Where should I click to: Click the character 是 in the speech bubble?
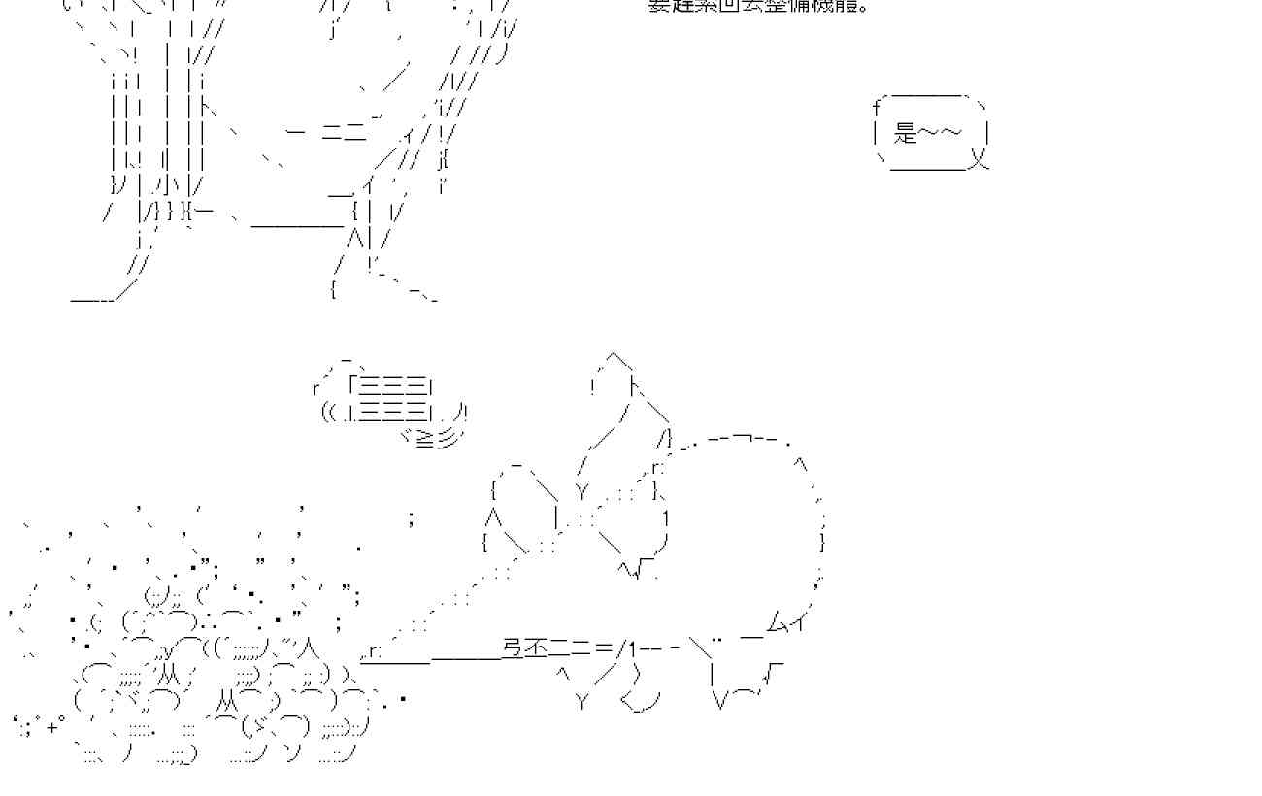(906, 132)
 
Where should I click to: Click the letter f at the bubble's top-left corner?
(876, 106)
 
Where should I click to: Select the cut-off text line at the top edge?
(757, 6)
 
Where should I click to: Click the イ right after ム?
(798, 622)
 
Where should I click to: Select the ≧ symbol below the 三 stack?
(424, 440)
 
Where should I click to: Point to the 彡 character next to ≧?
(447, 440)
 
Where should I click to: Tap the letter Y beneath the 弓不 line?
(582, 701)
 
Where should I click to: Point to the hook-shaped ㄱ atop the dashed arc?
(745, 440)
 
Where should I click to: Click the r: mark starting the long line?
(374, 653)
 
